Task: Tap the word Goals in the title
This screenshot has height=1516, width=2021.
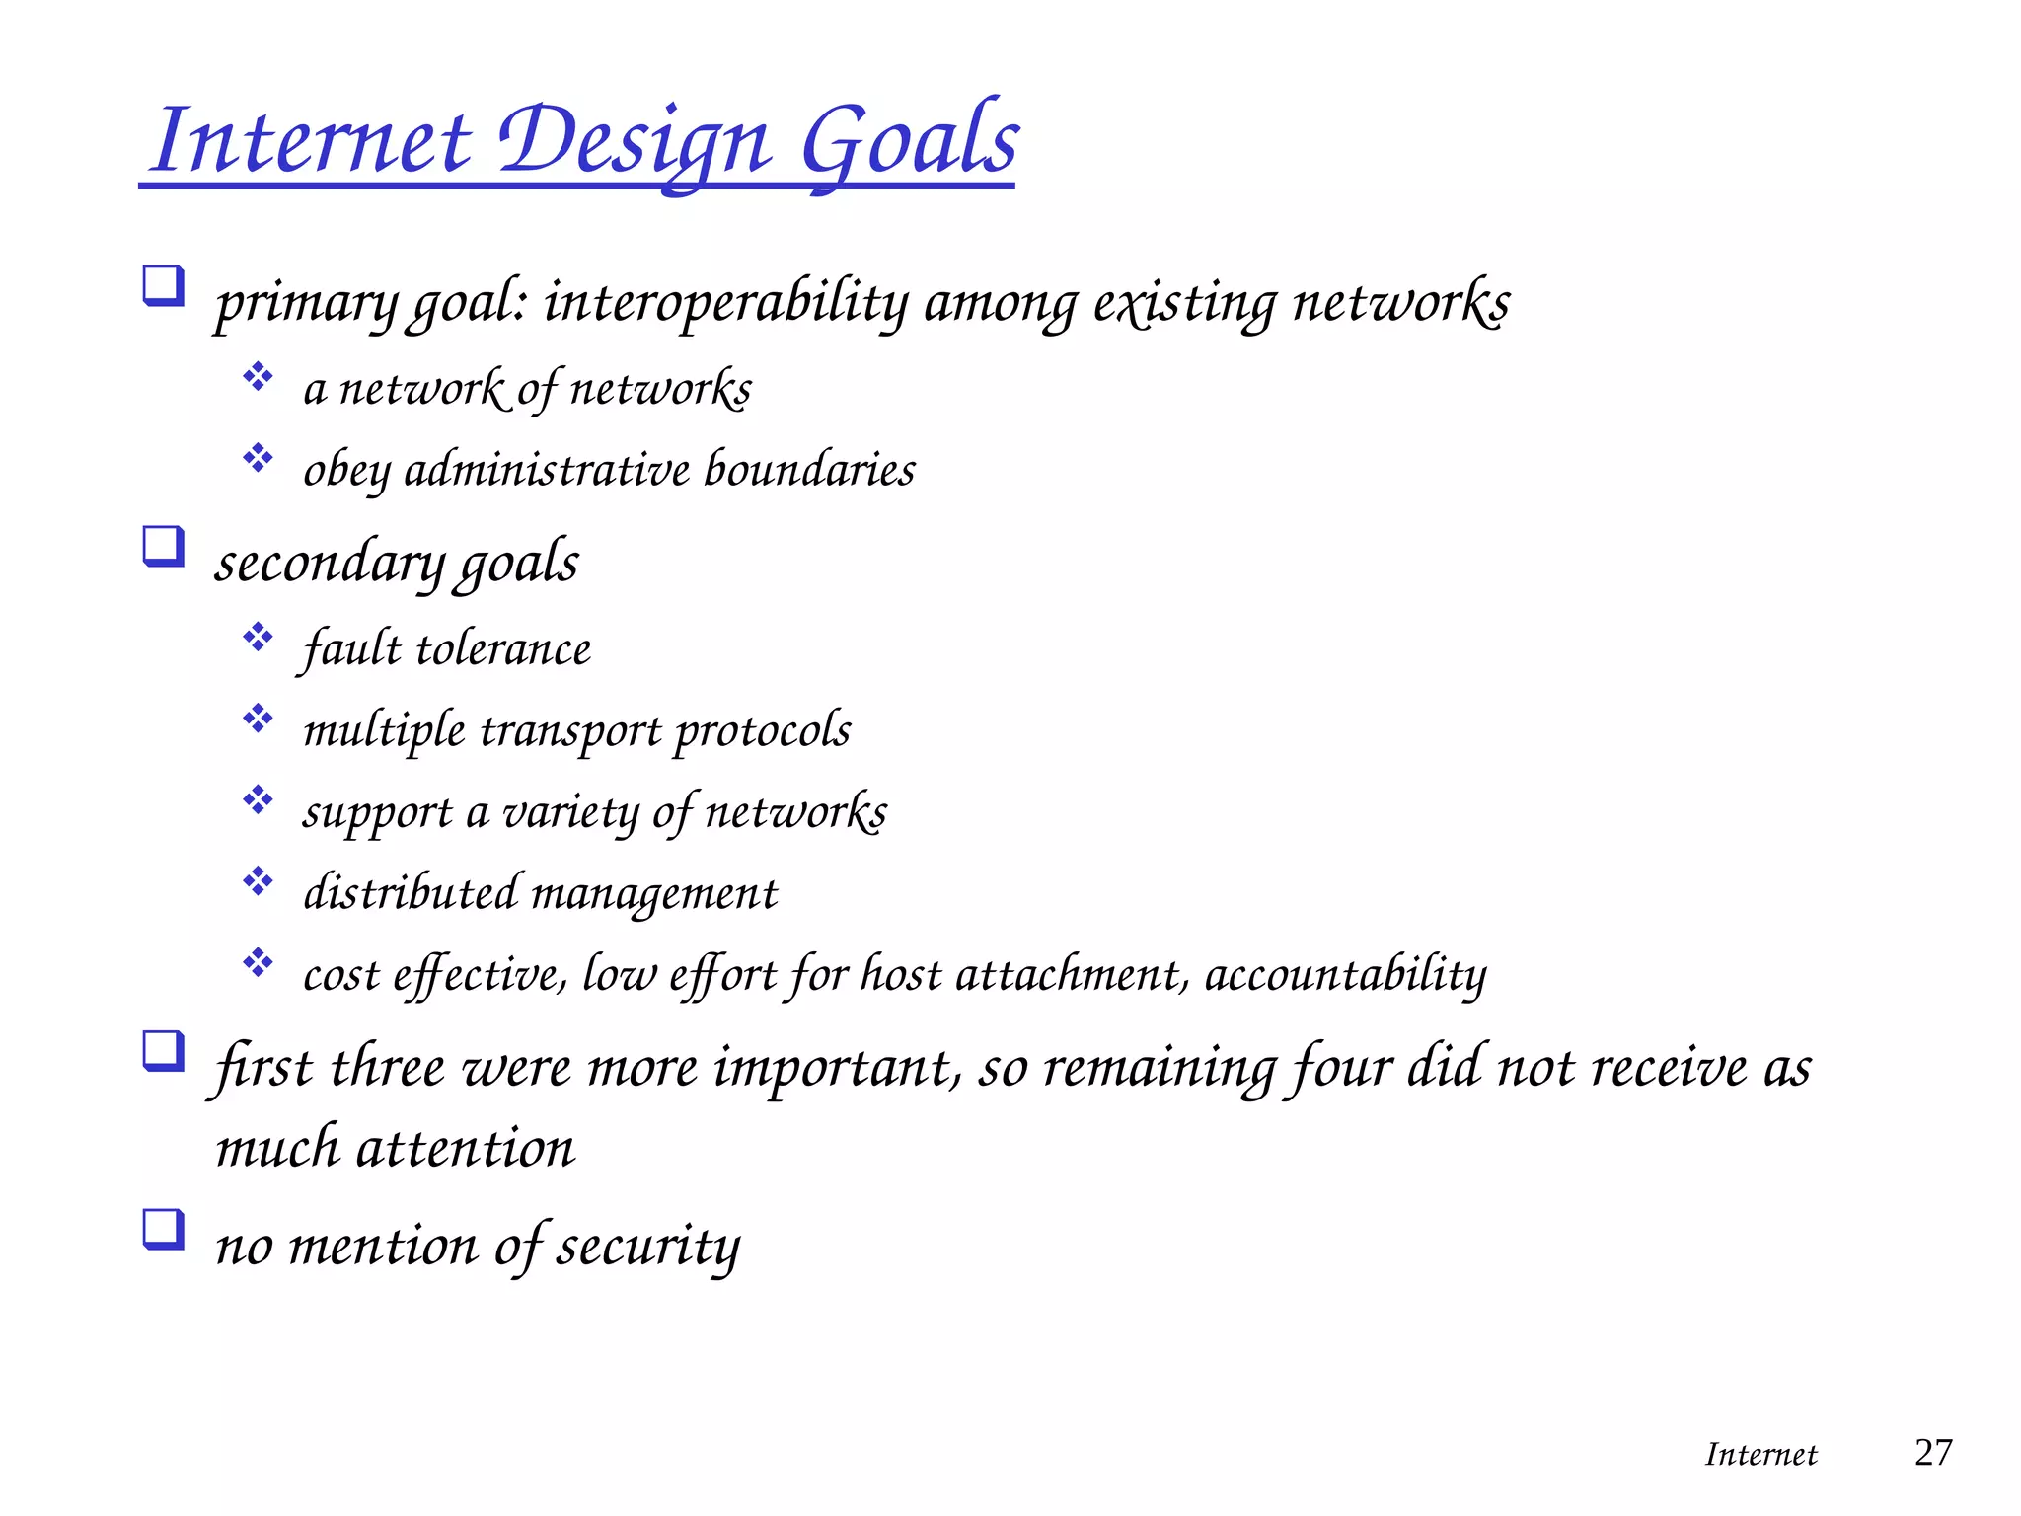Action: (909, 141)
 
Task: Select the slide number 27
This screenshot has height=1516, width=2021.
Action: (1932, 1452)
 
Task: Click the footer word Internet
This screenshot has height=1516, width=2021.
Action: (1760, 1454)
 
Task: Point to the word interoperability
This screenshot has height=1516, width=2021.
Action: (725, 301)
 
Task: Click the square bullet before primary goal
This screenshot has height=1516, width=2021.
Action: (164, 286)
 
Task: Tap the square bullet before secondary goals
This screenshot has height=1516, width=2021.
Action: (164, 546)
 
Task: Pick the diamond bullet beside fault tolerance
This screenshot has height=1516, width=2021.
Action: (258, 637)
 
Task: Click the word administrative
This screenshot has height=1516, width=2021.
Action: (547, 469)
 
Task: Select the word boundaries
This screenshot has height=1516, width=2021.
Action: (809, 469)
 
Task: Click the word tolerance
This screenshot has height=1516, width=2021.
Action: (503, 649)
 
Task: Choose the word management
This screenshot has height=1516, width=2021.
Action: (654, 894)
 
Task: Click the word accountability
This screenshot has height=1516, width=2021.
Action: (1345, 975)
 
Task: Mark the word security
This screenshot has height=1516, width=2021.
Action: (647, 1246)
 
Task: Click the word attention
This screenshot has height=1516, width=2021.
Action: (464, 1149)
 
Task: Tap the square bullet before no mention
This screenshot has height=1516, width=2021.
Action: (164, 1230)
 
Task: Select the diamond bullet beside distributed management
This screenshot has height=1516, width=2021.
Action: (258, 880)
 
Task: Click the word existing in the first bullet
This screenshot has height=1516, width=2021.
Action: (1184, 301)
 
